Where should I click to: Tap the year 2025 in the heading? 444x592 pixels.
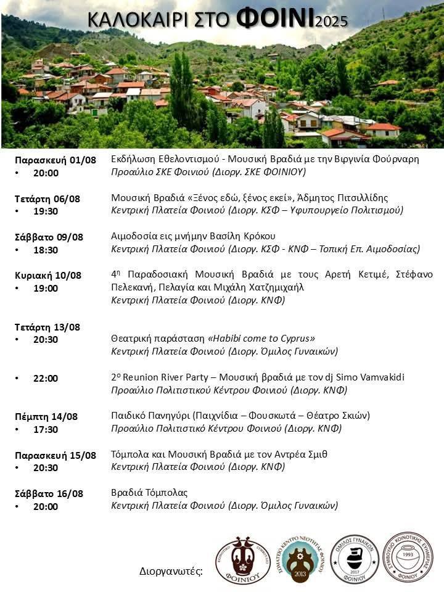click(x=331, y=22)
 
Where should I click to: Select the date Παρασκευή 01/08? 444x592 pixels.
click(x=55, y=160)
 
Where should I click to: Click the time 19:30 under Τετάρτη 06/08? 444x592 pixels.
click(x=46, y=212)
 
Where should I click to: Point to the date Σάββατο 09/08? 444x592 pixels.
click(x=49, y=237)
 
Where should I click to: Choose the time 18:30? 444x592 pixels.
click(x=46, y=250)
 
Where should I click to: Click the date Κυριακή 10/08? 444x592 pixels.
click(x=49, y=276)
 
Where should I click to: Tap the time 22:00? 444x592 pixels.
click(x=46, y=379)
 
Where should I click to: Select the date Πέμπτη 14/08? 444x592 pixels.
click(x=46, y=417)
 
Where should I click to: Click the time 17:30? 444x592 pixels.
click(x=46, y=430)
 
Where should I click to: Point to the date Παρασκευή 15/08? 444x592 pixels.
click(x=55, y=456)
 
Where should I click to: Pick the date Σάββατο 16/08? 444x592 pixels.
click(x=49, y=494)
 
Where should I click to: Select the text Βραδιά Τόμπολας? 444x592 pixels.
click(x=149, y=493)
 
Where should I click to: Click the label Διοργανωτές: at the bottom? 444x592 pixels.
click(x=171, y=572)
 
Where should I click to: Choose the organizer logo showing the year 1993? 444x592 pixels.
click(x=406, y=557)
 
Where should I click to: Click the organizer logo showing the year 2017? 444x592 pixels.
click(x=355, y=559)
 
